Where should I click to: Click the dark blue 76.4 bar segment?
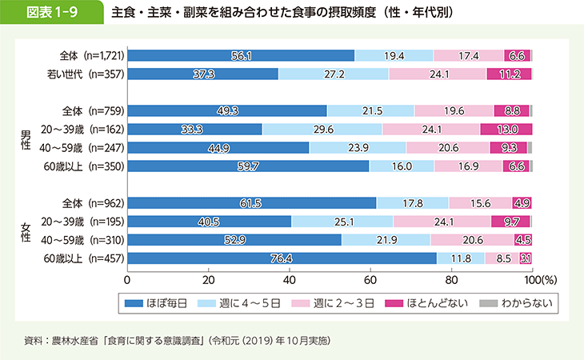(x=282, y=258)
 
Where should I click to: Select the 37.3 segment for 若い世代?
(x=202, y=74)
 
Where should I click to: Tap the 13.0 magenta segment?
(x=506, y=129)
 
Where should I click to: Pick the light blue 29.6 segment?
(x=322, y=129)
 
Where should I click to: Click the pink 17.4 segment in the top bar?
(x=469, y=55)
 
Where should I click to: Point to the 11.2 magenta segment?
(x=509, y=74)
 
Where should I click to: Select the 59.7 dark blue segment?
(x=248, y=166)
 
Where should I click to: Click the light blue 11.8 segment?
(x=460, y=258)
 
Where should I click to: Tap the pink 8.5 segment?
(x=502, y=258)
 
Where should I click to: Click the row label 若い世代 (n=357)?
(x=83, y=74)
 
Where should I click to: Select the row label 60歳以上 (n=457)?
(x=83, y=258)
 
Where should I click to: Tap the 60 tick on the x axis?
(x=370, y=281)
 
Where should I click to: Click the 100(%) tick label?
(x=537, y=281)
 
